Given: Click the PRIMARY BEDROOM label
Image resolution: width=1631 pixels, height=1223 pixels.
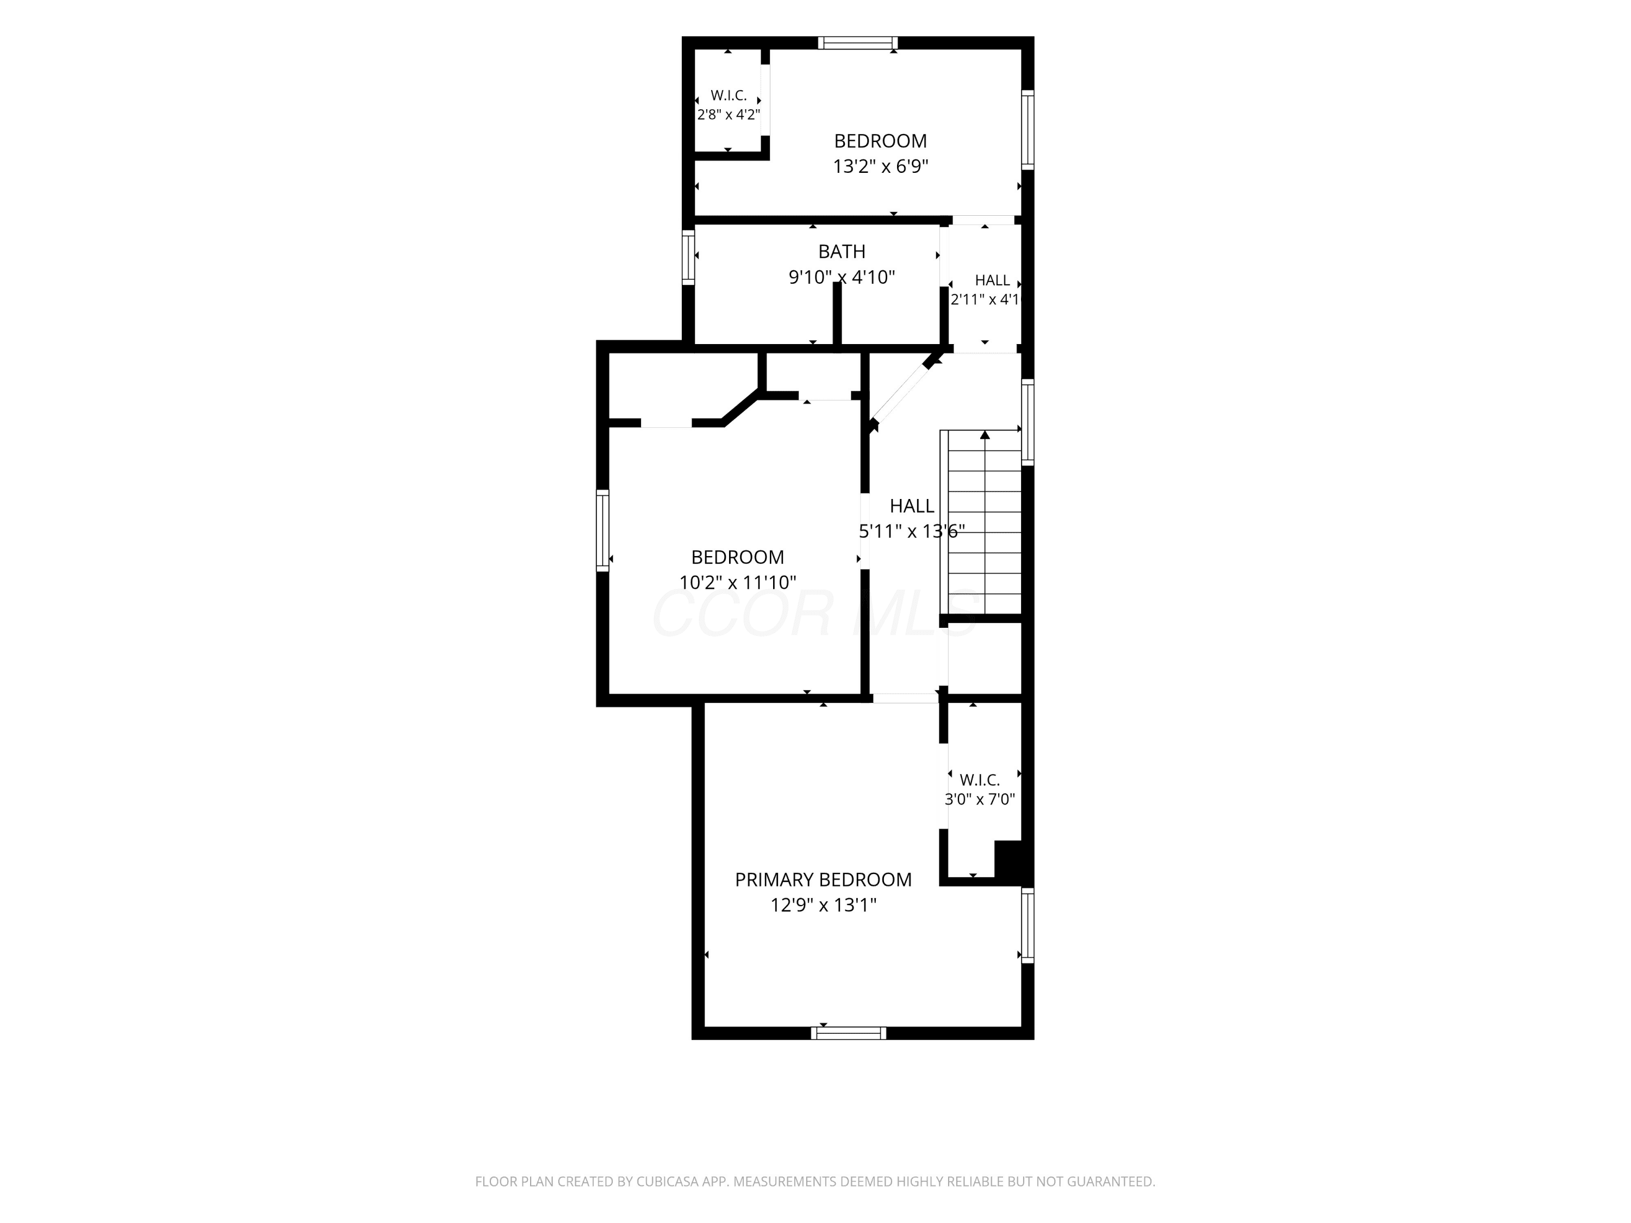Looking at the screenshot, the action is click(823, 879).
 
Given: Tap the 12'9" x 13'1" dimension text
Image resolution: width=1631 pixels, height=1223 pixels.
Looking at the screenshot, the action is click(823, 905).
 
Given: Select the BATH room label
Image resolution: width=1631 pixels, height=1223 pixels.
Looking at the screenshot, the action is click(841, 251).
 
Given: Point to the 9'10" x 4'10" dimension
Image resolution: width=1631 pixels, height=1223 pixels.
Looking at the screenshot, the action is click(841, 277).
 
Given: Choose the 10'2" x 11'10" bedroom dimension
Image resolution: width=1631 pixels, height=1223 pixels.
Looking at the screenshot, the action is click(737, 582).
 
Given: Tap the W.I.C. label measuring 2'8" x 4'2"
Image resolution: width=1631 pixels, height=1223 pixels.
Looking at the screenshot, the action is click(729, 95).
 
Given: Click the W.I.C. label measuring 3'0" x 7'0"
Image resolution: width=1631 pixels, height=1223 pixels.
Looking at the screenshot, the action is click(980, 779).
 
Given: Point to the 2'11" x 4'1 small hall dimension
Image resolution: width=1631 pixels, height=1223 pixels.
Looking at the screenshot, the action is click(985, 299).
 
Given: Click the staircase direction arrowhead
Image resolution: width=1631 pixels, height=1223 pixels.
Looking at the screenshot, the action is click(985, 435).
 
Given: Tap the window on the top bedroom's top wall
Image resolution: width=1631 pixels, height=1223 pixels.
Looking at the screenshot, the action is click(858, 43).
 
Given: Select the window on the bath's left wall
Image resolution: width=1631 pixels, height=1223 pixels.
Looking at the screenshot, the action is click(688, 257).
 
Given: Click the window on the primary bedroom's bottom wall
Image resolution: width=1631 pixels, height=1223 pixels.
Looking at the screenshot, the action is click(849, 1033).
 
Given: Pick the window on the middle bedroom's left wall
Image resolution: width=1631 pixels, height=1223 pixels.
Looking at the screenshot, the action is click(602, 530).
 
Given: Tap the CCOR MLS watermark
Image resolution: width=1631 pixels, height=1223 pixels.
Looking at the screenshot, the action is click(815, 614).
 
